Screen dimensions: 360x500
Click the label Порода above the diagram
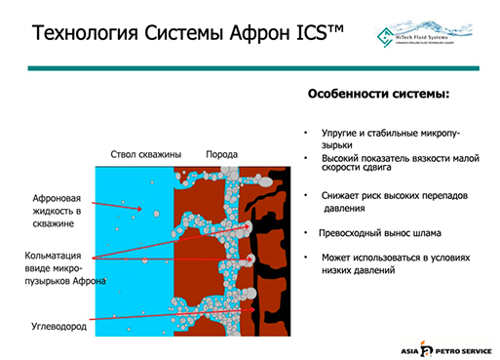221,155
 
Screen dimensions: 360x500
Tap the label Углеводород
56,327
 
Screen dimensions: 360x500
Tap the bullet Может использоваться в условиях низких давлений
395,262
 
